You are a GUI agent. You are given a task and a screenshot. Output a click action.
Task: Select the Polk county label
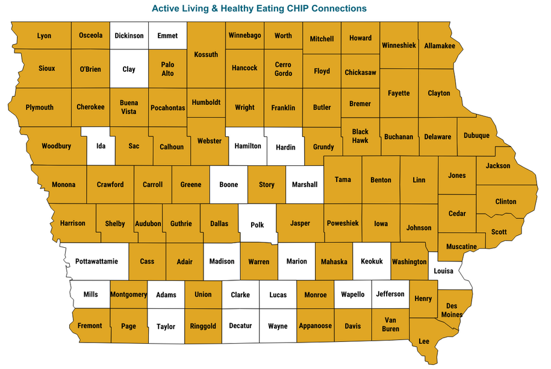(x=257, y=225)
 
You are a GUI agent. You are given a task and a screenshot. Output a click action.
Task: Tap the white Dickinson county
(x=129, y=36)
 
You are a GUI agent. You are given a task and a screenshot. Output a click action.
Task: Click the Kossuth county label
(x=206, y=55)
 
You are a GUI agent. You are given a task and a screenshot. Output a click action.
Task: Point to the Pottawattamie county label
(x=97, y=262)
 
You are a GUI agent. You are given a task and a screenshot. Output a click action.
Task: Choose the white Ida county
(x=101, y=146)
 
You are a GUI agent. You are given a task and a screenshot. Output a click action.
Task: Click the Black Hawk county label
(x=360, y=136)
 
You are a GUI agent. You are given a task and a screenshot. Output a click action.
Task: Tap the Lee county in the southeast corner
(x=424, y=341)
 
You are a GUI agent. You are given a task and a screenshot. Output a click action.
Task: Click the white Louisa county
(x=444, y=271)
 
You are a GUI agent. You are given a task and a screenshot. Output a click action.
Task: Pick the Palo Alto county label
(x=167, y=69)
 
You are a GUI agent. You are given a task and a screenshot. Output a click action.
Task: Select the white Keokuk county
(x=372, y=262)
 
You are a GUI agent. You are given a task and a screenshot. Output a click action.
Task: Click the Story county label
(x=266, y=184)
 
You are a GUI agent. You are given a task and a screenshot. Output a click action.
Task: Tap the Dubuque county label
(x=476, y=136)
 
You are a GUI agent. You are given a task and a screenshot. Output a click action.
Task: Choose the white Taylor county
(x=166, y=327)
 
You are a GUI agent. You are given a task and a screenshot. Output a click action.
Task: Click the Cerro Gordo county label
(x=283, y=69)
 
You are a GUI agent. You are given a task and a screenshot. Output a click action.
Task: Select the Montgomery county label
(x=129, y=294)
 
